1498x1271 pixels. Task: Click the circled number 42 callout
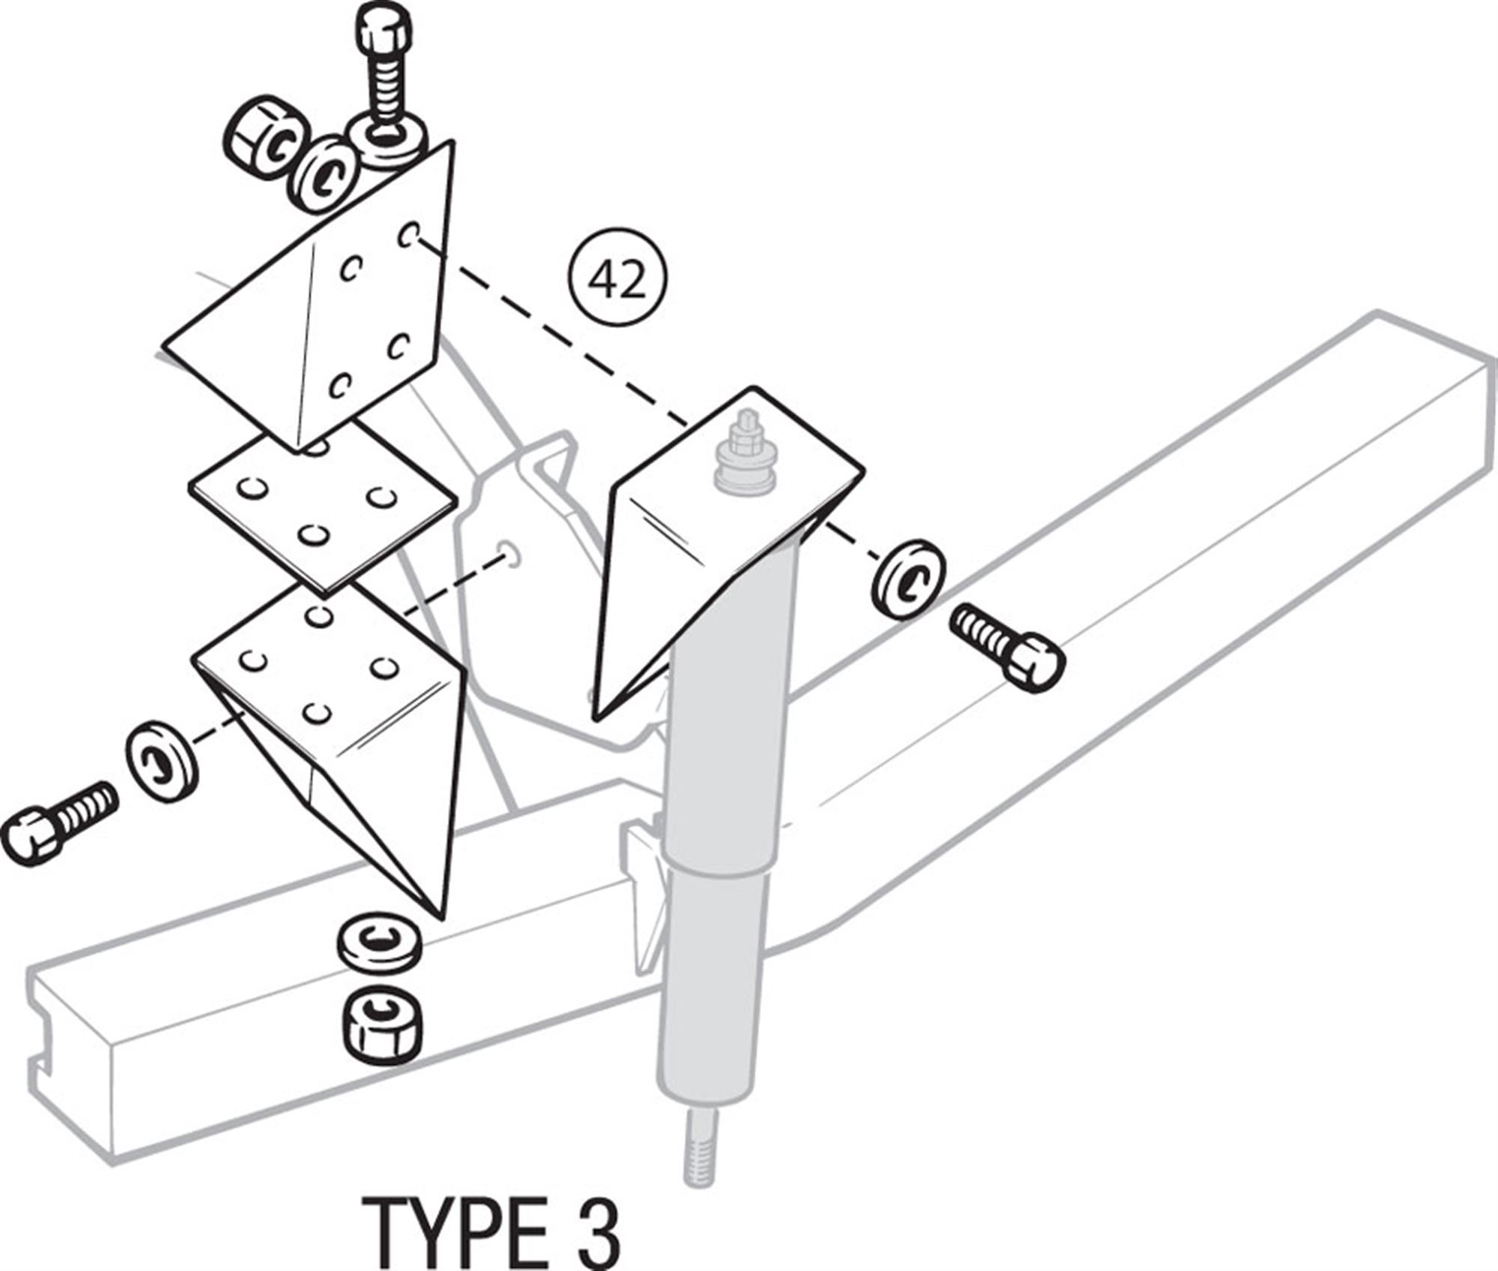coord(616,281)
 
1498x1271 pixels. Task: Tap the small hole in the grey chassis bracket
coord(509,555)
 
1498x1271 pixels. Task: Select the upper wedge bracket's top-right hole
coord(408,236)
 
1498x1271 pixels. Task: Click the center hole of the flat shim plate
coord(313,534)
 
